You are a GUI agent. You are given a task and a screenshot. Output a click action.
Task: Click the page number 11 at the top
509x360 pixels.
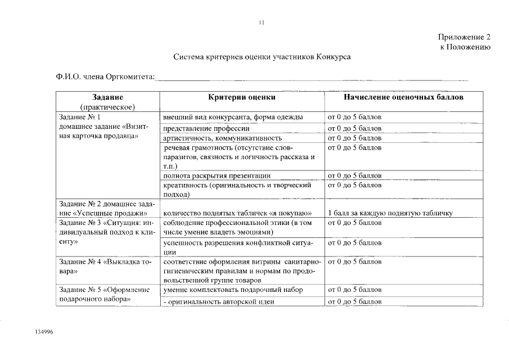click(262, 23)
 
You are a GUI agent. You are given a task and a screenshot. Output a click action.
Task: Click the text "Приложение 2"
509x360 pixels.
click(464, 37)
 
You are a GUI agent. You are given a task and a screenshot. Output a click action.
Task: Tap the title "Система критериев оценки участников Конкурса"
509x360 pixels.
click(262, 57)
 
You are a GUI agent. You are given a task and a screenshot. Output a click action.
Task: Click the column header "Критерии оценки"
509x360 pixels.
click(242, 97)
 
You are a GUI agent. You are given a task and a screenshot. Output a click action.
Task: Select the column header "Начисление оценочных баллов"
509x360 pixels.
click(403, 97)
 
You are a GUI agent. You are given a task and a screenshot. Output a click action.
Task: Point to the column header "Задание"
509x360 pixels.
click(108, 97)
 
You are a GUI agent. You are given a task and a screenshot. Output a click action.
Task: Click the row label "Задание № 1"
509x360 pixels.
click(79, 118)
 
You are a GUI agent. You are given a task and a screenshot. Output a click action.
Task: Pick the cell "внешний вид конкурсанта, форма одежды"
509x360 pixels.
click(233, 118)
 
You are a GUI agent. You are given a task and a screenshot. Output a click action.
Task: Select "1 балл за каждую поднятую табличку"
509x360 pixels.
click(390, 213)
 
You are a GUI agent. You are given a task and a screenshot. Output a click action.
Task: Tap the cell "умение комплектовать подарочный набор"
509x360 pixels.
click(233, 290)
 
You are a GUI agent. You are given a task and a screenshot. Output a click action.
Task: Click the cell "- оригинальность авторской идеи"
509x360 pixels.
click(218, 301)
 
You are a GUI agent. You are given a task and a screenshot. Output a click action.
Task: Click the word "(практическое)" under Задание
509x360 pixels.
click(108, 106)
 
